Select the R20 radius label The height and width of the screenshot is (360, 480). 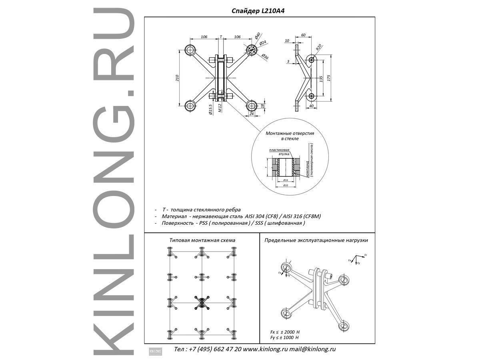click(x=318, y=47)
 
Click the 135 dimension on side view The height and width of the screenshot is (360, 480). click(x=321, y=77)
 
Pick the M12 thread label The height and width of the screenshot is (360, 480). click(x=220, y=108)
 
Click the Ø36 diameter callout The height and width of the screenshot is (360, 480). click(x=265, y=57)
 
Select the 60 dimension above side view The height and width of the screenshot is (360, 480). click(x=303, y=35)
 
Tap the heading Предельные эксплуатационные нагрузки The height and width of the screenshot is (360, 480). click(x=316, y=240)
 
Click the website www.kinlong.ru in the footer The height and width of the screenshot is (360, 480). click(x=265, y=349)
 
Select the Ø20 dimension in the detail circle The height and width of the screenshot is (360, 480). click(x=286, y=185)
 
